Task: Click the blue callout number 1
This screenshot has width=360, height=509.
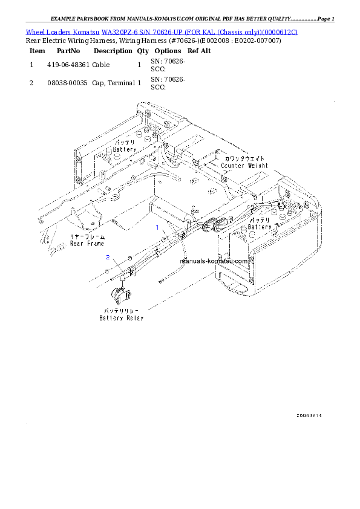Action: pyautogui.click(x=158, y=228)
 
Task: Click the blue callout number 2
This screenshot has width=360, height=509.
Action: pyautogui.click(x=108, y=258)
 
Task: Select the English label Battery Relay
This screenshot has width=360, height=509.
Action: pyautogui.click(x=122, y=317)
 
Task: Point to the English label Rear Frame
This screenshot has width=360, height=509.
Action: pyautogui.click(x=87, y=244)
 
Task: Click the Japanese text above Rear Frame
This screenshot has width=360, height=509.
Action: pyautogui.click(x=87, y=238)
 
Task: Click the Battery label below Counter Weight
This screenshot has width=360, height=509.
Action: pyautogui.click(x=260, y=227)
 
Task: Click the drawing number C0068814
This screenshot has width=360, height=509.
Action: pyautogui.click(x=309, y=416)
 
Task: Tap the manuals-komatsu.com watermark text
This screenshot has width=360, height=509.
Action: pyautogui.click(x=214, y=261)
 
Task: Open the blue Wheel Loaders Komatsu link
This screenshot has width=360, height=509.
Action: pyautogui.click(x=161, y=31)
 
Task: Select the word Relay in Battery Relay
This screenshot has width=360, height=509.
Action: pyautogui.click(x=134, y=317)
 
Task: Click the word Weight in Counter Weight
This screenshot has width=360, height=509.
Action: pyautogui.click(x=256, y=165)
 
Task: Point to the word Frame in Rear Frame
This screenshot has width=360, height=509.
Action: pyautogui.click(x=95, y=244)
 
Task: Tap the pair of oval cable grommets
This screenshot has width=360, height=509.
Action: pyautogui.click(x=215, y=224)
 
